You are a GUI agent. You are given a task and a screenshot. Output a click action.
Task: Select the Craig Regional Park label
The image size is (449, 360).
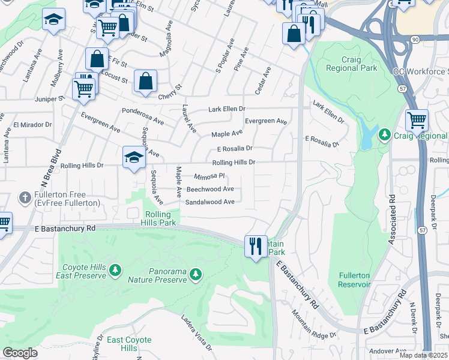(x=351, y=64)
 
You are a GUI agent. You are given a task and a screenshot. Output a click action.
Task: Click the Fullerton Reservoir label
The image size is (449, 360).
(x=354, y=280)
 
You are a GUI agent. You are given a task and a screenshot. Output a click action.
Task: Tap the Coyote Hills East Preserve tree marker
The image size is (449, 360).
(x=115, y=272)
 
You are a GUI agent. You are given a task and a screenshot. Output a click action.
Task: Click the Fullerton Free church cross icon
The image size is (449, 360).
(x=25, y=197)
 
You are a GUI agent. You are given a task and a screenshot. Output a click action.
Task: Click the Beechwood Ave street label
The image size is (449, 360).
(x=210, y=188)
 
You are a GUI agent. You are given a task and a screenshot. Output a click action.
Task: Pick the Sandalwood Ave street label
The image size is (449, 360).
(x=209, y=202)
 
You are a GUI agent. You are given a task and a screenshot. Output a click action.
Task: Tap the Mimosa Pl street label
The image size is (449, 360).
(x=209, y=176)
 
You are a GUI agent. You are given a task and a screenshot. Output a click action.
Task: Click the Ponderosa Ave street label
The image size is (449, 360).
(x=143, y=112)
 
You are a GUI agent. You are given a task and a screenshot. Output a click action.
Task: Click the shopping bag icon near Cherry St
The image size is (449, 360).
(x=146, y=81)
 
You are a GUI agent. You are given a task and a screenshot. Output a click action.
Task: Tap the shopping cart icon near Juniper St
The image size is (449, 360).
(x=83, y=89)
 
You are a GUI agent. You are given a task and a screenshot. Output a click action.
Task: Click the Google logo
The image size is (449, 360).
(x=20, y=352)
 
